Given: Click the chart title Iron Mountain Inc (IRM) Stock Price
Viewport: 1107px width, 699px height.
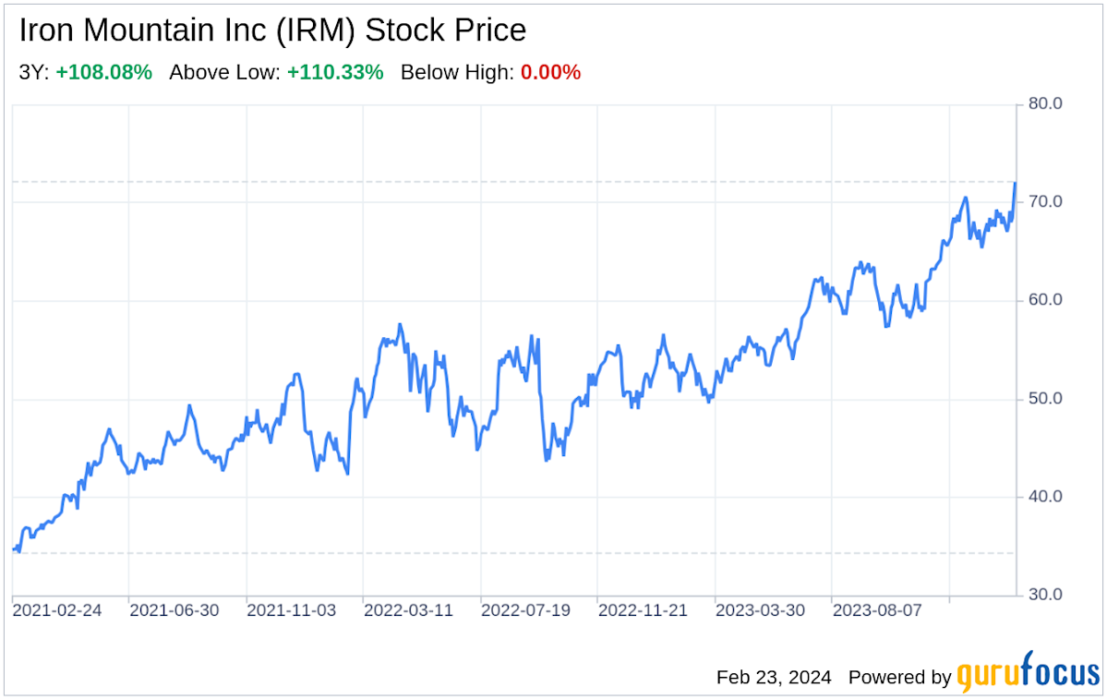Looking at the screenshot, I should click(x=272, y=30).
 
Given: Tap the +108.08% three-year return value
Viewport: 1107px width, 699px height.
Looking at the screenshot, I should click(x=103, y=72).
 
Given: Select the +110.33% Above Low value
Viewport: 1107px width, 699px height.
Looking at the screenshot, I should click(x=335, y=72).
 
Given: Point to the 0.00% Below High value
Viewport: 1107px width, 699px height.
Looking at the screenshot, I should click(x=550, y=72).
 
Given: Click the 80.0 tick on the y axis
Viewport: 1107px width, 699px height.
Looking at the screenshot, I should click(x=1044, y=103).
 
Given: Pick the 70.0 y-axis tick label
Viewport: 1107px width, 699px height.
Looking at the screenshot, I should click(x=1044, y=201).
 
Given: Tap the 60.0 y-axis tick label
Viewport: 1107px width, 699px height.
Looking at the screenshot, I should click(x=1044, y=300).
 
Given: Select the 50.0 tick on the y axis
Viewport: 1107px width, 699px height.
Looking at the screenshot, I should click(x=1044, y=399).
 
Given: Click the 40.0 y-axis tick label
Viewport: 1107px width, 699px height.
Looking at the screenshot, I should click(x=1044, y=497).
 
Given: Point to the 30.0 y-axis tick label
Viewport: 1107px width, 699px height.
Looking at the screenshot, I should click(x=1044, y=595).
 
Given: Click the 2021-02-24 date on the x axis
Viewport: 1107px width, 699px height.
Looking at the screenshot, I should click(x=57, y=610).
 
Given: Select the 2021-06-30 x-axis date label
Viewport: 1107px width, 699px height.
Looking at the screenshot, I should click(x=174, y=610).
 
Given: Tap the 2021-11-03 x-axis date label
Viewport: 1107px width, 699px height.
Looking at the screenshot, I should click(x=292, y=610).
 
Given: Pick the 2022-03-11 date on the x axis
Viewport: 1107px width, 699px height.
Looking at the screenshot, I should click(x=409, y=610).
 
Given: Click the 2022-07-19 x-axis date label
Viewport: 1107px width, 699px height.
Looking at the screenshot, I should click(x=526, y=610).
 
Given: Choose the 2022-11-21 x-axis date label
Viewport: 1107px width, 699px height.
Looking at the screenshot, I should click(x=643, y=610).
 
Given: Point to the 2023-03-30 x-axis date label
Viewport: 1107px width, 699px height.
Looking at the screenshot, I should click(x=760, y=610).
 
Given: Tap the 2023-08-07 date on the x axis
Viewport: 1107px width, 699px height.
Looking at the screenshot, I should click(x=877, y=610).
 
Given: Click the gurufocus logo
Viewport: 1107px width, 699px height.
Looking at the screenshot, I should click(x=1028, y=676).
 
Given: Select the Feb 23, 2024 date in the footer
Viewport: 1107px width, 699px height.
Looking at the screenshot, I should click(x=774, y=677).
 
